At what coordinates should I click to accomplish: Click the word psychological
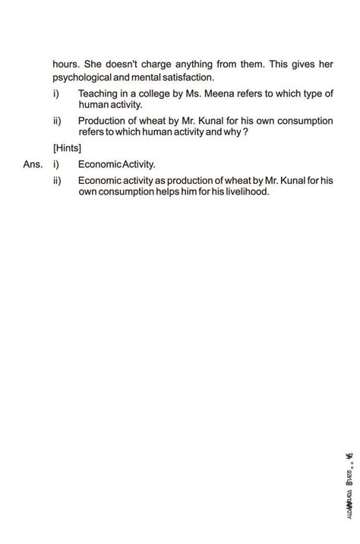tap(82, 77)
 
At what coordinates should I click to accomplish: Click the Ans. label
tap(33, 163)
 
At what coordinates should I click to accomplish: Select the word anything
tap(187, 65)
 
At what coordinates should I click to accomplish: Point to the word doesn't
tap(107, 65)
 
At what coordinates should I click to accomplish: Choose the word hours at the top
tap(65, 65)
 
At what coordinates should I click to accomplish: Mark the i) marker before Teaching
tap(56, 94)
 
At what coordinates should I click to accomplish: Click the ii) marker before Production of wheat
tap(58, 121)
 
